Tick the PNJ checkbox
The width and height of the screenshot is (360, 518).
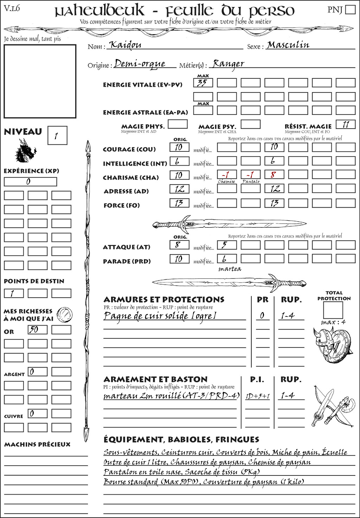[350, 9]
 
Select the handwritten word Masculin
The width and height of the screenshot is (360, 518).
[288, 45]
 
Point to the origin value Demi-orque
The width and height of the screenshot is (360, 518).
[140, 64]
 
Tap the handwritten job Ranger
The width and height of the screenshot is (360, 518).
[229, 64]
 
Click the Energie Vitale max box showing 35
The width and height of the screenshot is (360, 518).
[203, 83]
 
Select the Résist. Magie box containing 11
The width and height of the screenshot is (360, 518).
[345, 124]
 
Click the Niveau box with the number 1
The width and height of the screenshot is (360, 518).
[57, 136]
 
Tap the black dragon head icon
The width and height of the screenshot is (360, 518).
[26, 151]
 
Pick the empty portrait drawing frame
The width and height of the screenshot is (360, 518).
[40, 81]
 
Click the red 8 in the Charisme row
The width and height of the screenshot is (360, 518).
[274, 175]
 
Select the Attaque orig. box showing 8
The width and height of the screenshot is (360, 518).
[179, 245]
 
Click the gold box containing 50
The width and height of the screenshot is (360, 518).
[37, 330]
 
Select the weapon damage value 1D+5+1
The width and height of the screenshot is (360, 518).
[257, 396]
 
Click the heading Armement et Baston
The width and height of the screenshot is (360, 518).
[155, 379]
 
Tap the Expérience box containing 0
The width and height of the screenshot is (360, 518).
[30, 182]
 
